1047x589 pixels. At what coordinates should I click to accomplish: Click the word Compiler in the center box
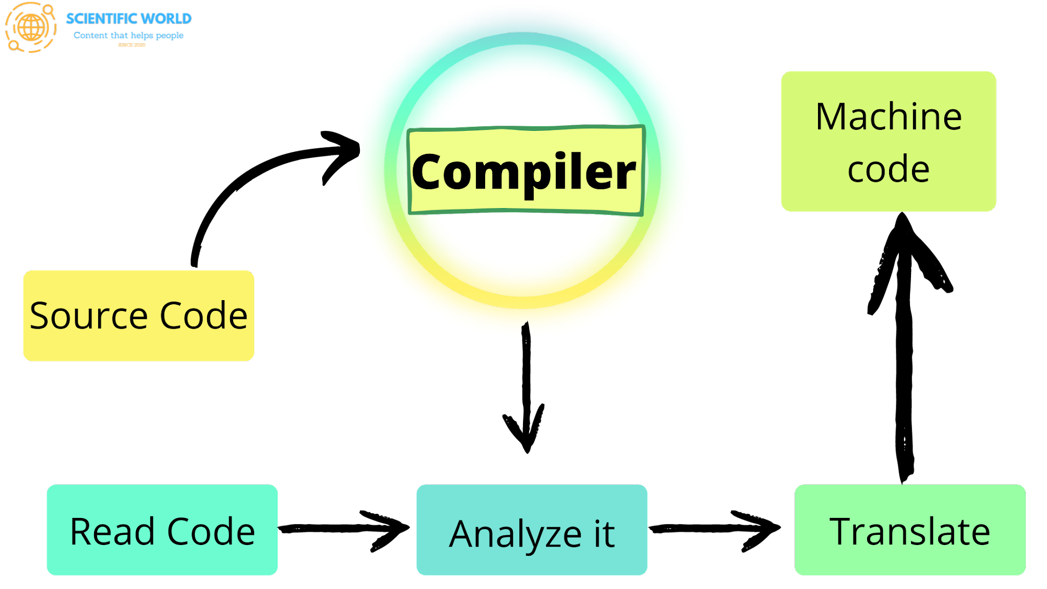click(523, 172)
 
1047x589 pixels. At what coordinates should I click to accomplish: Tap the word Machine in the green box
click(889, 117)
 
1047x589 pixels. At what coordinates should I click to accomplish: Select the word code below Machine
click(889, 170)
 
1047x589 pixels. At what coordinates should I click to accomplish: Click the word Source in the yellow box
click(88, 315)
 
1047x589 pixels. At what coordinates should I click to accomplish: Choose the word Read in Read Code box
click(112, 532)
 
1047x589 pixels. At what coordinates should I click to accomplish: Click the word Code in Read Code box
click(211, 532)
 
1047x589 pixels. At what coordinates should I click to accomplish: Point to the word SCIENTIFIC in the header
click(102, 19)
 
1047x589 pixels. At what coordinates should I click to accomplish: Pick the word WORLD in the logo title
click(166, 19)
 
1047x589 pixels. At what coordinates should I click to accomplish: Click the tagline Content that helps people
click(128, 35)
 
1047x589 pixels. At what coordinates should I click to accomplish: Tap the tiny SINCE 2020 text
click(131, 45)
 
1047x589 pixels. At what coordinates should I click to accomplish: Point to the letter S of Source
click(40, 315)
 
